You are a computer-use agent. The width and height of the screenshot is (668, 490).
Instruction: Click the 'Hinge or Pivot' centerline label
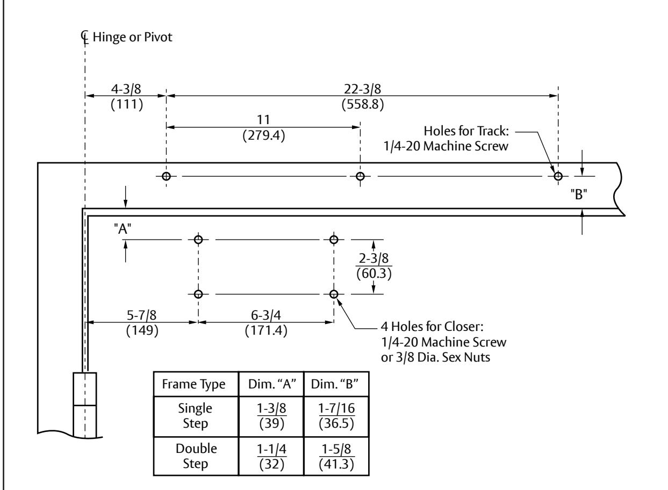132,37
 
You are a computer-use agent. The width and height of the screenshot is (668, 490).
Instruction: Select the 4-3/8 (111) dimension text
127,97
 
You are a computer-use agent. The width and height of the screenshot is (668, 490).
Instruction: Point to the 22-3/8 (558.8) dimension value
363,97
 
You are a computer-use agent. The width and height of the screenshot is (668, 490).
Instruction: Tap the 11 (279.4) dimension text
264,128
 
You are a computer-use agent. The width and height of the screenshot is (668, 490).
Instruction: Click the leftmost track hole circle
166,176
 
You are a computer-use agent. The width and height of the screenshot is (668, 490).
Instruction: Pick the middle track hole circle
360,176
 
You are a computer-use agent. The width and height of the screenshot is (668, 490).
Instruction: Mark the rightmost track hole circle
558,176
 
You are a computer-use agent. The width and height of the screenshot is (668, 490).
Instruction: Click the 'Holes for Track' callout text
446,139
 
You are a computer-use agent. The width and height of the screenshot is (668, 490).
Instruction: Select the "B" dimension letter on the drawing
579,194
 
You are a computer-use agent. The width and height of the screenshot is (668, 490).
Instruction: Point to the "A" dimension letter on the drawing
123,229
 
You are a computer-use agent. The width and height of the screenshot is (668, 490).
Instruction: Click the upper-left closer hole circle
198,240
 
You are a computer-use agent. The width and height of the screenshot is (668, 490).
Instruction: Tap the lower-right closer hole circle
334,294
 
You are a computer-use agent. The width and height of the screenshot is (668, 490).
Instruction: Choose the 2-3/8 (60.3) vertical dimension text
374,266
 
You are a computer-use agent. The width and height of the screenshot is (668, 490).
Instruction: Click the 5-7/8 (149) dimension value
142,323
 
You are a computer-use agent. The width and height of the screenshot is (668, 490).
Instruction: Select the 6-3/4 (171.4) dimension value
266,323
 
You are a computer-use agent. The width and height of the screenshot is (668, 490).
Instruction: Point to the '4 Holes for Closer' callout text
443,342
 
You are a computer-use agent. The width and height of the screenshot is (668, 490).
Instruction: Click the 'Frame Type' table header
193,384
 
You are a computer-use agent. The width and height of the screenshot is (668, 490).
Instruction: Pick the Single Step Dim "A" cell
272,416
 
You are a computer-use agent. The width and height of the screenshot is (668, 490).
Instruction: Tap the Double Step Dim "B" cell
336,457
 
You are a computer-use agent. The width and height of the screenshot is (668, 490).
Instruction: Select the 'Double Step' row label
196,456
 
